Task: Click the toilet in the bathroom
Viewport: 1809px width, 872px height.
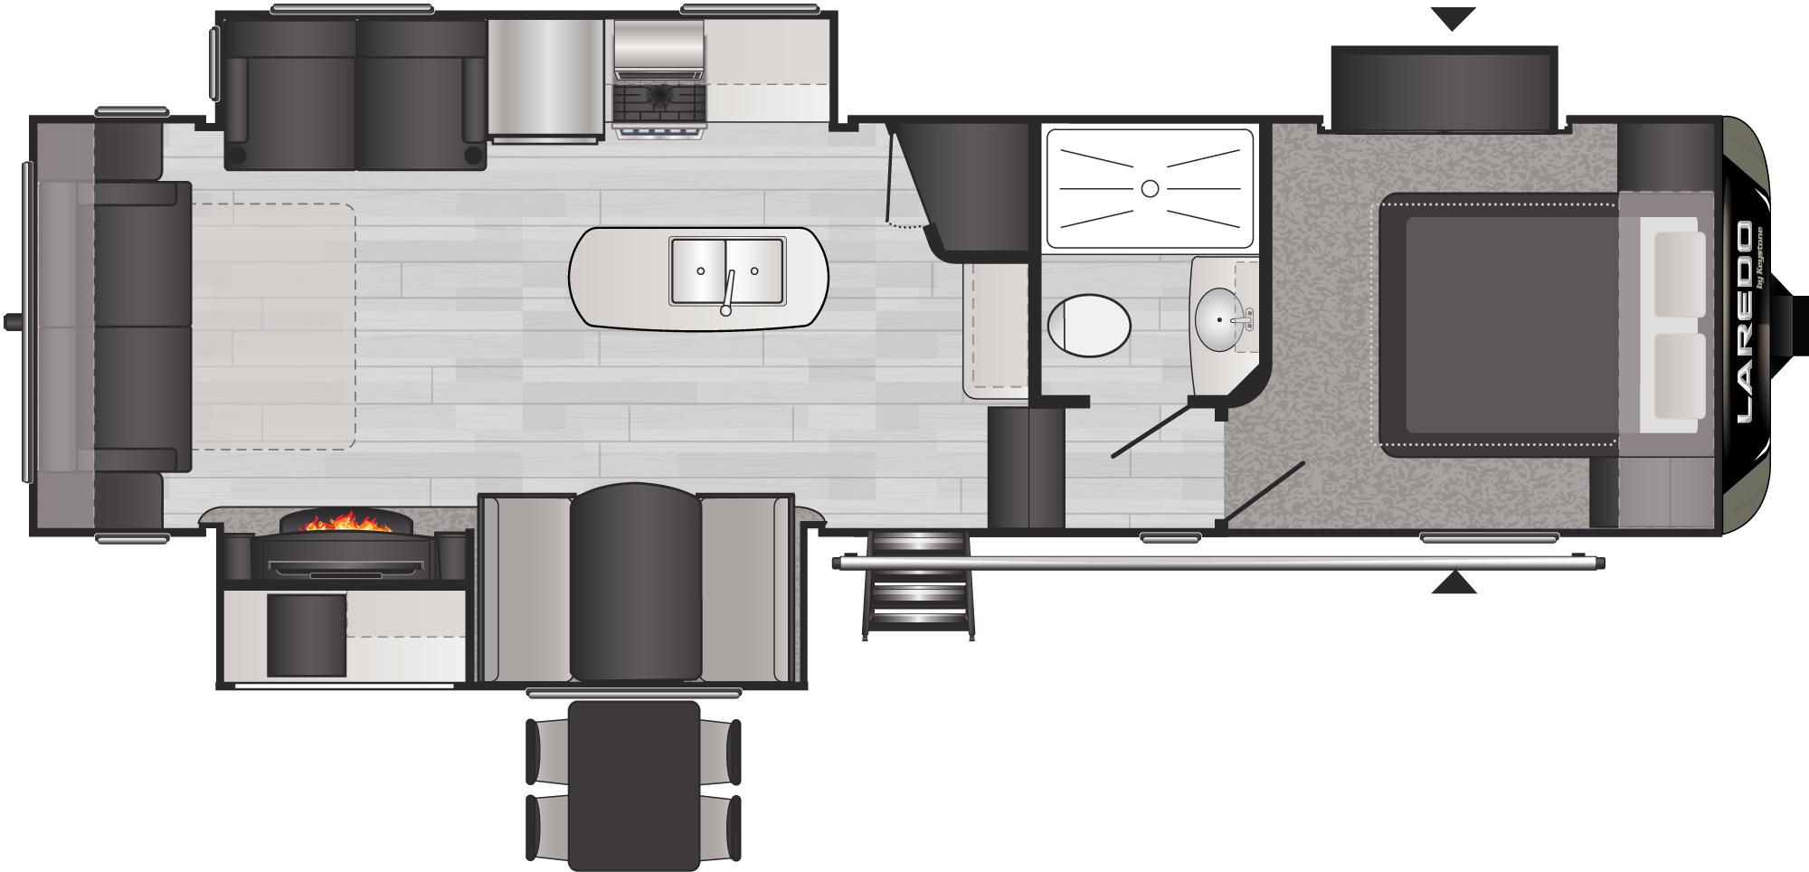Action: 1089,325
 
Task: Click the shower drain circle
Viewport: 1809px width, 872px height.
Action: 1150,188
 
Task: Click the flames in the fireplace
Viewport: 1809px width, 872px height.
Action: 346,521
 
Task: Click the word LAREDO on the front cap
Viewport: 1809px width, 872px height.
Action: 1743,322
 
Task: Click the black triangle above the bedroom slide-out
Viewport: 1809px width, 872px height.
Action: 1454,18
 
